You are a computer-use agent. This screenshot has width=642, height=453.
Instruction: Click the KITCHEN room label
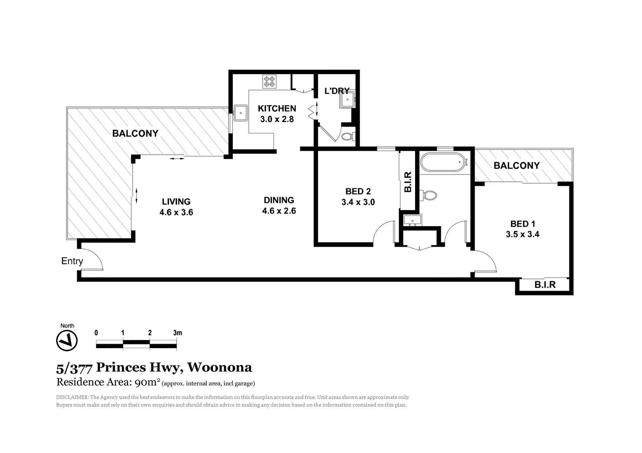(277, 108)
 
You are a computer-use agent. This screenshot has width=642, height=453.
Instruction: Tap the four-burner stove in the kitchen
(269, 81)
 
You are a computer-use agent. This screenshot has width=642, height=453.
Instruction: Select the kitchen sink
(241, 113)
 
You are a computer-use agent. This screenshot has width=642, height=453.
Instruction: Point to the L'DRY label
(337, 91)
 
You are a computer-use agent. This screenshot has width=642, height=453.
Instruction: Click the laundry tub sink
(348, 99)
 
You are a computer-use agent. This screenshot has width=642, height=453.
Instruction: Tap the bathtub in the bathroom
(442, 162)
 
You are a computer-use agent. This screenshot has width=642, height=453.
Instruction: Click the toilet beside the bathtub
(429, 195)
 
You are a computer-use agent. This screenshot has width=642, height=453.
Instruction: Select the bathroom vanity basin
(412, 220)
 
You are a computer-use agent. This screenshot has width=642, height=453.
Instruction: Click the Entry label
(72, 261)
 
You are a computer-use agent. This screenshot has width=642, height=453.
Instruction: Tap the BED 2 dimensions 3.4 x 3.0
(358, 202)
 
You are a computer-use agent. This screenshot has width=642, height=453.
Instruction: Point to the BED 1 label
(523, 224)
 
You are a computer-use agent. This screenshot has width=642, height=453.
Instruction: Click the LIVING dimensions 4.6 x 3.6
(176, 212)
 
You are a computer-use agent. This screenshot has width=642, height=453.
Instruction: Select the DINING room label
(279, 200)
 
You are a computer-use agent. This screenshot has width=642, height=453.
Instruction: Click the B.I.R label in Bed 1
(545, 285)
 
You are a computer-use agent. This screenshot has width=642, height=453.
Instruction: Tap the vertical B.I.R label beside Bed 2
(408, 182)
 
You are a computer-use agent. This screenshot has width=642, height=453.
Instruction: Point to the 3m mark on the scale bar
(177, 333)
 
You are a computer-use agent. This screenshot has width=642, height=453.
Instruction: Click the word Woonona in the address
(219, 367)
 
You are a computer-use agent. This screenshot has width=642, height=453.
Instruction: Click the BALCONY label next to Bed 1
(516, 165)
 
